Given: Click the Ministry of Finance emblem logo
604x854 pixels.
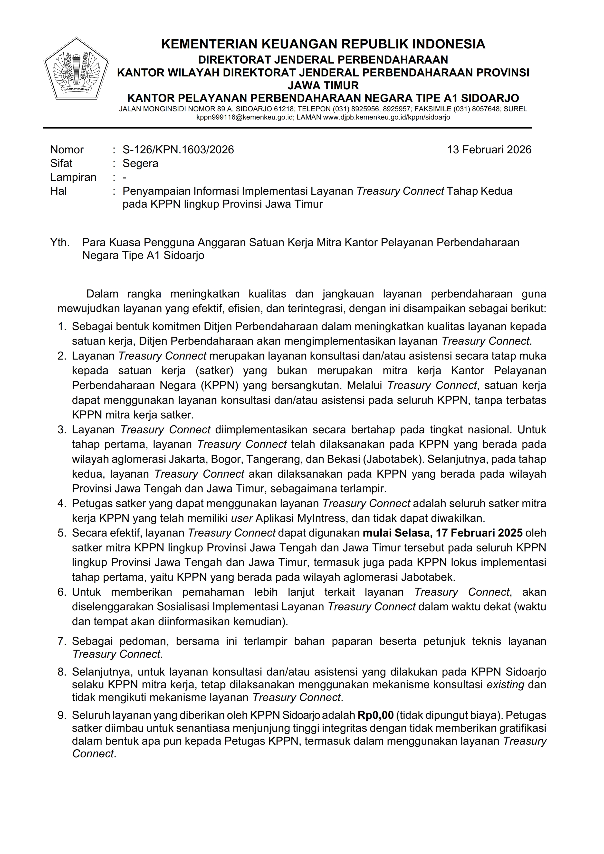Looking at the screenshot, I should (76, 68).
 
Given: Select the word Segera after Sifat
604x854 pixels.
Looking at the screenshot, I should (140, 163).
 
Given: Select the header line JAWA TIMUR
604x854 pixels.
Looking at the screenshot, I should (323, 85).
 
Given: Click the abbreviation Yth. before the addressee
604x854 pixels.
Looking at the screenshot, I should (60, 242).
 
